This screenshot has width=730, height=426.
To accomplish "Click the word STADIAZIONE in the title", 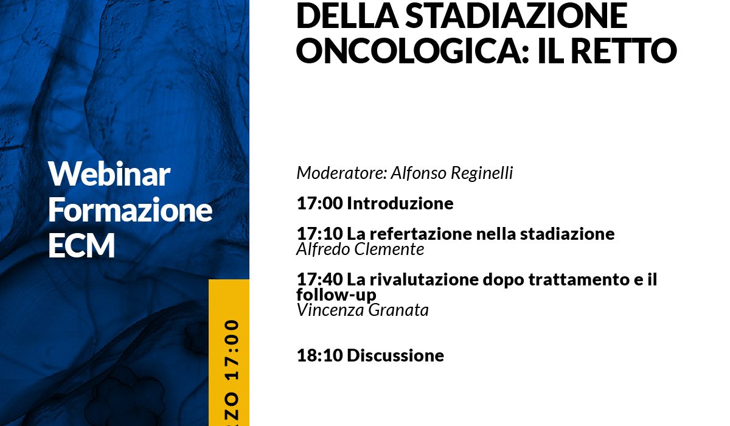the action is coord(516,16).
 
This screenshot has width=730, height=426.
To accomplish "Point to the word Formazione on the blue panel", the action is coord(130,209).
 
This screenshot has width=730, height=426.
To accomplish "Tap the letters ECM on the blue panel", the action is coord(82,245).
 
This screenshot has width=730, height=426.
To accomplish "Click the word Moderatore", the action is coord(341,173).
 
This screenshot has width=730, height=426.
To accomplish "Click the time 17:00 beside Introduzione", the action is coord(320,203).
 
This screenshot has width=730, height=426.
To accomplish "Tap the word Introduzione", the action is coord(400,203).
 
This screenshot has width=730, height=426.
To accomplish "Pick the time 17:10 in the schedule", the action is coord(320,234).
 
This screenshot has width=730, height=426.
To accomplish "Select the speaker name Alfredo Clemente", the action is coord(360,250).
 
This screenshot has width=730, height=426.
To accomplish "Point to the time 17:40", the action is coord(320,279).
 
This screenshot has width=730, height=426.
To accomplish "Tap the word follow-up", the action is coord(336,295).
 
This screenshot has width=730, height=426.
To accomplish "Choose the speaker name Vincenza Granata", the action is coord(363,310).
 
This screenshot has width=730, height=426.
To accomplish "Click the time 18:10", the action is coord(320,355).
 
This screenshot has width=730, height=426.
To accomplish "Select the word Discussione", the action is coord(395,355).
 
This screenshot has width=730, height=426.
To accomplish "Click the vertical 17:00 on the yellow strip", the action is coord(232,350).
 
